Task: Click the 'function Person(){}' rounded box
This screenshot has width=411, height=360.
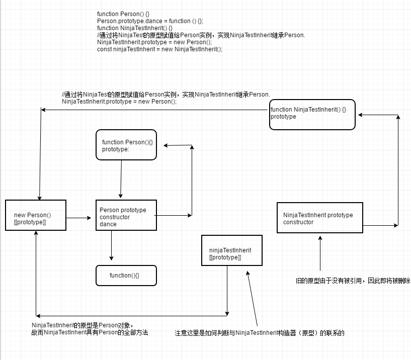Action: pos(126,145)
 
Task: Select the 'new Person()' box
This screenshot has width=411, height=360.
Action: pos(36,215)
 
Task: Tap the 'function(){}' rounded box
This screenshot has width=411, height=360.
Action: pos(126,276)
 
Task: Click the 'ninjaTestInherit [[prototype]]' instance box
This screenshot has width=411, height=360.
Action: pos(231,250)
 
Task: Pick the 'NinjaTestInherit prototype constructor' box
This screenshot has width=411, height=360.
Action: pos(319,217)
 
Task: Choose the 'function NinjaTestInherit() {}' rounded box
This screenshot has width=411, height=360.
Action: pos(312,114)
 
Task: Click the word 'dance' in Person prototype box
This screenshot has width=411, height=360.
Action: pos(108,224)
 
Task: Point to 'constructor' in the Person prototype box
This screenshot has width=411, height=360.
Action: pos(115,217)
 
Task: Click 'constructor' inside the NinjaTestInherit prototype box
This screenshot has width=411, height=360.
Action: pos(298,222)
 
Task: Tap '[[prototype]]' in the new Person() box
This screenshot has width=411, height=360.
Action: pos(30,222)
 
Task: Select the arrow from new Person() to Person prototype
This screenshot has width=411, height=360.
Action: pos(80,218)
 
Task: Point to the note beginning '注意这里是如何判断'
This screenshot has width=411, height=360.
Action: pos(260,333)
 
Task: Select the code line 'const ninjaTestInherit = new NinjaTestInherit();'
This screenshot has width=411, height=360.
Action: pos(159,49)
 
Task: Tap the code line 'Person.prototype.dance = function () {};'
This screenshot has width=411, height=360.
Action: pos(150,21)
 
